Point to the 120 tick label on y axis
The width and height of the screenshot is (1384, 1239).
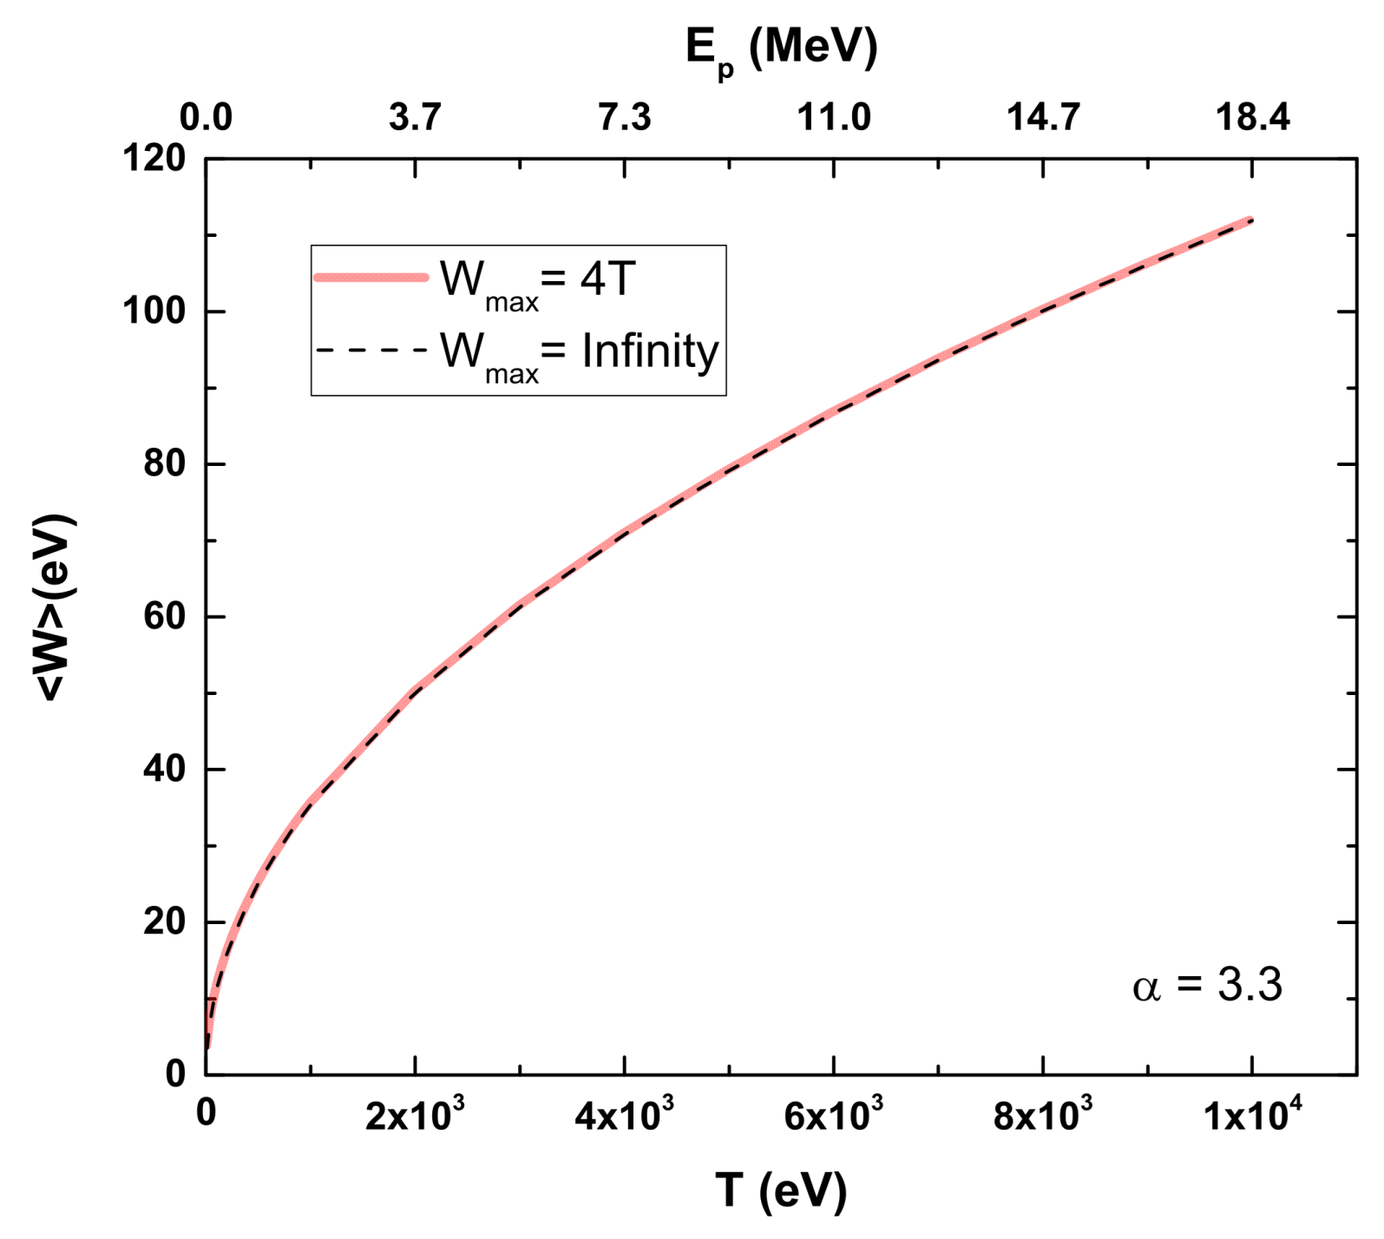[x=154, y=159]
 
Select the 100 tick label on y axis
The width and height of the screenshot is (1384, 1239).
[x=154, y=311]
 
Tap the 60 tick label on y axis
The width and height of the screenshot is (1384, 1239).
[x=164, y=616]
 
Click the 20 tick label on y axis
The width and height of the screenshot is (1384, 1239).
[x=164, y=921]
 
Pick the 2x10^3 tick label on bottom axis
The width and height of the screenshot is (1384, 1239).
[x=414, y=1114]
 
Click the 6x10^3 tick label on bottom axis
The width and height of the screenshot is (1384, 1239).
[x=833, y=1114]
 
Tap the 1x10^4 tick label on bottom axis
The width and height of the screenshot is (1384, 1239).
[x=1251, y=1114]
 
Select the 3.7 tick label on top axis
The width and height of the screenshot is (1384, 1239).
[x=415, y=117]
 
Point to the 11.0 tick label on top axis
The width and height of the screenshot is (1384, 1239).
[x=833, y=117]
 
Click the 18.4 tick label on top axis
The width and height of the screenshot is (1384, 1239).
[x=1252, y=117]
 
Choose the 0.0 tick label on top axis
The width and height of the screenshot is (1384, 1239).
[x=206, y=117]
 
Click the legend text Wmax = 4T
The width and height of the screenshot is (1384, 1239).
[x=538, y=282]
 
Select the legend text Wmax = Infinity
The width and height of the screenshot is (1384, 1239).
[x=579, y=354]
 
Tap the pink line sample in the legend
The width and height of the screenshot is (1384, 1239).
[x=371, y=278]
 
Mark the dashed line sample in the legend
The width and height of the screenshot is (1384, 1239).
[x=371, y=350]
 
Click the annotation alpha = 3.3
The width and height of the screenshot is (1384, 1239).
[x=1206, y=986]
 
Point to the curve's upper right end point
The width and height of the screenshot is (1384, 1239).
[x=1250, y=220]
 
